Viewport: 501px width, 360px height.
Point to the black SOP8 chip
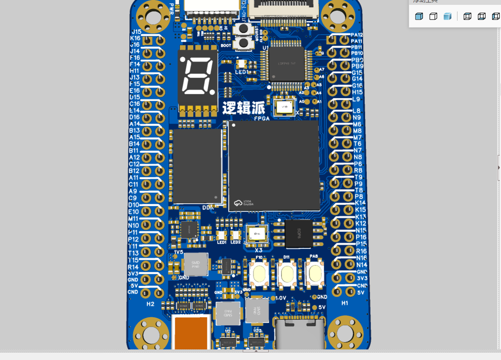coord(299,234)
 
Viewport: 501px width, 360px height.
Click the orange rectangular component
coord(191,333)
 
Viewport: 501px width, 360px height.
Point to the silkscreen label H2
coord(150,304)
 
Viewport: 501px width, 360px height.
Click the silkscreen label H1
coord(345,303)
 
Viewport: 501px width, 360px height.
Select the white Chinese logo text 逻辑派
coord(244,108)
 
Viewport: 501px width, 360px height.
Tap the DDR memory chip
coord(198,166)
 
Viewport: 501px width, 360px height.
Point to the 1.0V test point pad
coord(273,298)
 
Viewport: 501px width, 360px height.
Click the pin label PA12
coord(357,35)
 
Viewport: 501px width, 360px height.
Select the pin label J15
coord(136,32)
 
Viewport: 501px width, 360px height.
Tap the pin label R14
coord(133,267)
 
